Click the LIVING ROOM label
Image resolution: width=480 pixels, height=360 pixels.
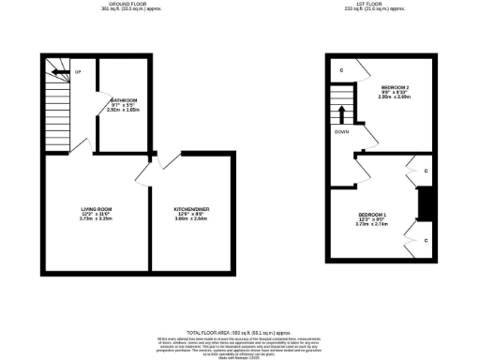click(x=97, y=207)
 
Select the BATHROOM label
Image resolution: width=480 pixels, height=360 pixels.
click(x=124, y=100)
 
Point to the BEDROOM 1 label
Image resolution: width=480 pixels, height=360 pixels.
click(x=371, y=215)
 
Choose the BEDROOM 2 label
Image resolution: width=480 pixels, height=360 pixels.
click(x=395, y=87)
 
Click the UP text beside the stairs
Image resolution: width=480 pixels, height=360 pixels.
click(x=78, y=72)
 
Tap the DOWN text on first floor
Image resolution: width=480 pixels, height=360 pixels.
click(x=342, y=131)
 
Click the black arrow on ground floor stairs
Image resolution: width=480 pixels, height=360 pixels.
click(x=58, y=71)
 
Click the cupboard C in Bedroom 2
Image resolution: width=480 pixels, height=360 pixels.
click(x=341, y=71)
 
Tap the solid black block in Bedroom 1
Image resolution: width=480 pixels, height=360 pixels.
click(x=423, y=202)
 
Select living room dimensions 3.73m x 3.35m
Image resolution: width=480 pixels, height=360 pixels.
click(x=97, y=218)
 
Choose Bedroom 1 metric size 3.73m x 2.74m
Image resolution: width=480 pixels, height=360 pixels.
click(x=371, y=225)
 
